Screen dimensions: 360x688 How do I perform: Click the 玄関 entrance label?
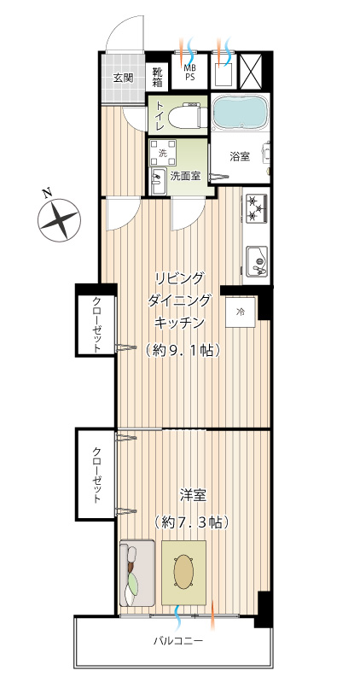pyautogui.click(x=123, y=78)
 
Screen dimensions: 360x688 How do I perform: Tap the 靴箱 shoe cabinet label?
pyautogui.click(x=158, y=77)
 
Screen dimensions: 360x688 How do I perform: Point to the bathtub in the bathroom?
pyautogui.click(x=240, y=112)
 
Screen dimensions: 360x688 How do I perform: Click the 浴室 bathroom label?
pyautogui.click(x=240, y=156)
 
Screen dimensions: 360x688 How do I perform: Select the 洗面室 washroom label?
pyautogui.click(x=185, y=177)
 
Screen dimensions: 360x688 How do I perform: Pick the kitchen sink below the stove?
pyautogui.click(x=257, y=260)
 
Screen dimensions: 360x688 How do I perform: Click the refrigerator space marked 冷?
pyautogui.click(x=241, y=312)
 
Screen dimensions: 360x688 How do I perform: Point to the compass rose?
pyautogui.click(x=59, y=219)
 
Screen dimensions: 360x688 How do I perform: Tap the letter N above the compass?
pyautogui.click(x=45, y=191)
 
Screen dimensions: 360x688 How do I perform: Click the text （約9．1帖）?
pyautogui.click(x=180, y=350)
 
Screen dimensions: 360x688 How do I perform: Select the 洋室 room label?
pyautogui.click(x=193, y=495)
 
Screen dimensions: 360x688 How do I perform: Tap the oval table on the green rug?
pyautogui.click(x=184, y=571)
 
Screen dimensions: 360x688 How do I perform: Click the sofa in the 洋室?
pyautogui.click(x=136, y=573)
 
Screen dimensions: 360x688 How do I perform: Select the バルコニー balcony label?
pyautogui.click(x=178, y=641)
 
